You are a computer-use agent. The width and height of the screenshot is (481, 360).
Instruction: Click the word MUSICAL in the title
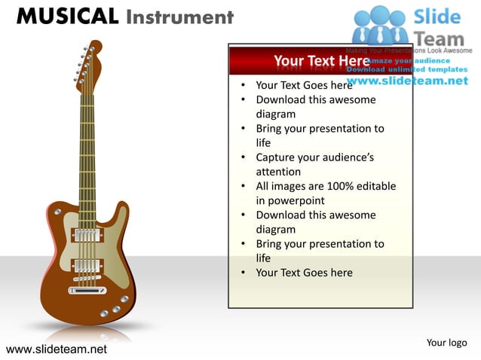tap(67, 16)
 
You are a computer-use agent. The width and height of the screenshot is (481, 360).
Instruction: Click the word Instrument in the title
tap(179, 16)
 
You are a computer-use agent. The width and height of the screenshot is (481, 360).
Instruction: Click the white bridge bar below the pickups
tap(87, 290)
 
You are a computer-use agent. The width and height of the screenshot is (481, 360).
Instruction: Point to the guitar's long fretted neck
tap(87, 151)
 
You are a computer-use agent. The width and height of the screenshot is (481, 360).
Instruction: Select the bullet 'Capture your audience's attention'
tap(314, 164)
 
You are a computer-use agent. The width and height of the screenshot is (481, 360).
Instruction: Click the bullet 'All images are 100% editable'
tap(325, 186)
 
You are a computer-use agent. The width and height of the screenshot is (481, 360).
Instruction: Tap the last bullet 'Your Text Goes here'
tap(304, 273)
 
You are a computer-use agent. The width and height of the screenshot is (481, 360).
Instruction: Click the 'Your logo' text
tap(446, 343)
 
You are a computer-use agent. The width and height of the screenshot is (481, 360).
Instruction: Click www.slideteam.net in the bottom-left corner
tap(56, 349)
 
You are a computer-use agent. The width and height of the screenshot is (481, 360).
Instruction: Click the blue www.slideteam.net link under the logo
tap(407, 81)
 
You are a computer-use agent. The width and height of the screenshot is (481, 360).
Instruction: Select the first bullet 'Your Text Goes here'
tap(304, 85)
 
